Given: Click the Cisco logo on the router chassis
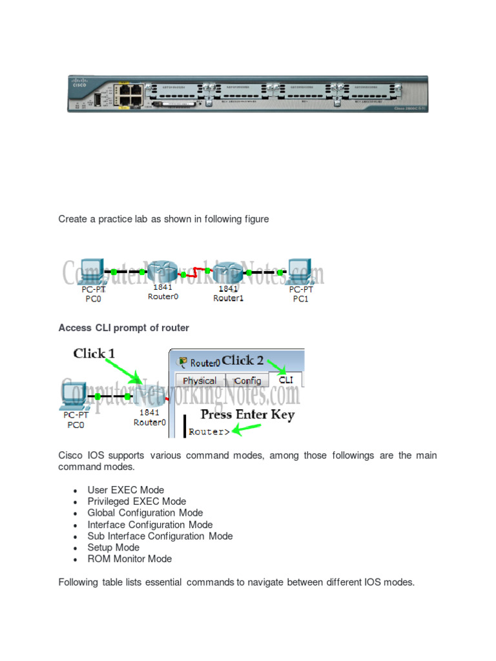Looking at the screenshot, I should (79, 83).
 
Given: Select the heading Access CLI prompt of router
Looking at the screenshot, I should (123, 328).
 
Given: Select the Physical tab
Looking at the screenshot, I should (200, 381).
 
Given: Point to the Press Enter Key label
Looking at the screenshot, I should (247, 415).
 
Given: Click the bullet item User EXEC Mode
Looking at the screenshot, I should (125, 490).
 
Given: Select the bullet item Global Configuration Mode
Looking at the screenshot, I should (145, 513).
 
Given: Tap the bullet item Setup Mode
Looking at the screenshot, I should (113, 547).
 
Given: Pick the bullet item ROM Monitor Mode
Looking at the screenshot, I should (129, 559).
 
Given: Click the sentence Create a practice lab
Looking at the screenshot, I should (163, 219).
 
